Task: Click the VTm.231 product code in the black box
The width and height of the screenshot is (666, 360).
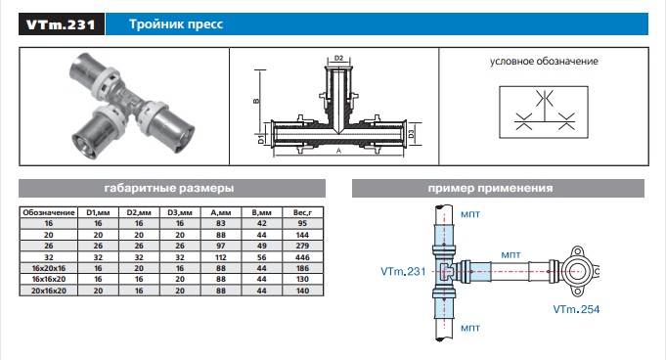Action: point(61,24)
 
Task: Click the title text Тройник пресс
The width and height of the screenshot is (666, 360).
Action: point(176,24)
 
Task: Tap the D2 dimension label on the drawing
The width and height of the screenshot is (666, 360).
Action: point(338,59)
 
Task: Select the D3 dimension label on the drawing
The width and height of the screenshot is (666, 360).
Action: point(411,133)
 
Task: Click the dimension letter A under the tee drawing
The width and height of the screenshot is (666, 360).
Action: point(338,151)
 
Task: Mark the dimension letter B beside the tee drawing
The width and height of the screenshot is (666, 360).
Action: point(256,101)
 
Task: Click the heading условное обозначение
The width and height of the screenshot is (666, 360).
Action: point(544,62)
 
